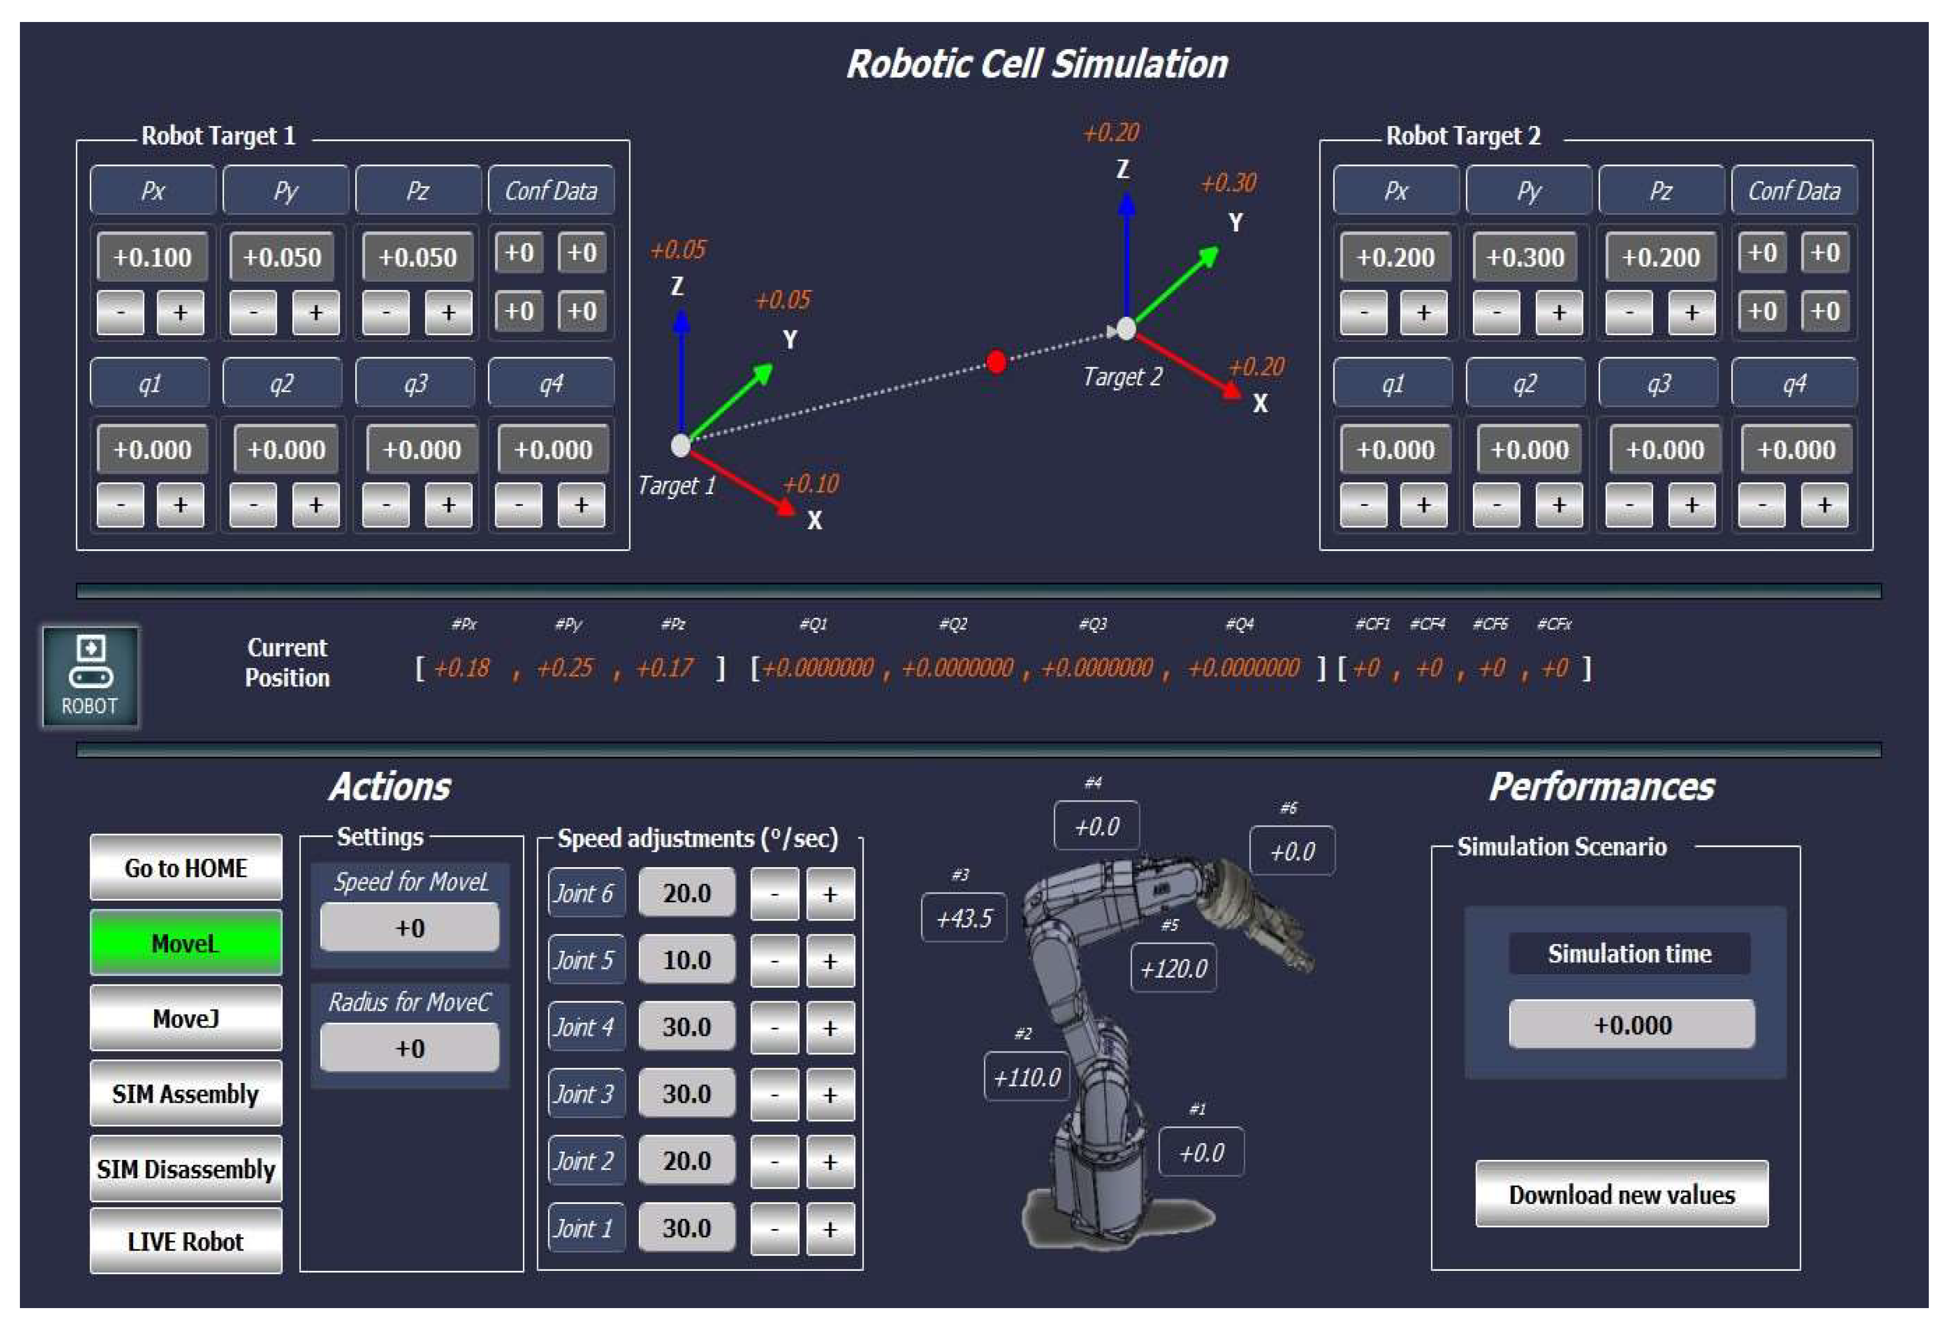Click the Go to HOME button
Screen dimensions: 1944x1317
[185, 868]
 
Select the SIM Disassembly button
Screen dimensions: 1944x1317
[185, 1169]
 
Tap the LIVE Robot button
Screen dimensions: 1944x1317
[185, 1242]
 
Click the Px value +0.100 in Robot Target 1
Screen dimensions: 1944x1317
[152, 257]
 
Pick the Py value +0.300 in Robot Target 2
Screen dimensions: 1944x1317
[1525, 257]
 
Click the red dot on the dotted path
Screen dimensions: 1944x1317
[996, 362]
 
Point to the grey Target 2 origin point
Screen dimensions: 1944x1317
[1127, 329]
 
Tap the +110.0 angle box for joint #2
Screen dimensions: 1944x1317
[1026, 1077]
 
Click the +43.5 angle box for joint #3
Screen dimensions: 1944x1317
[964, 918]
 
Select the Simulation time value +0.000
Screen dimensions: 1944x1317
[1631, 1024]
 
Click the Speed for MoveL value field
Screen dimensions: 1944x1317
[410, 928]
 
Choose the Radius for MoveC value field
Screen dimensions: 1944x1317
[410, 1048]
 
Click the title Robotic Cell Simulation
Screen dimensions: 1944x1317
[1037, 64]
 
